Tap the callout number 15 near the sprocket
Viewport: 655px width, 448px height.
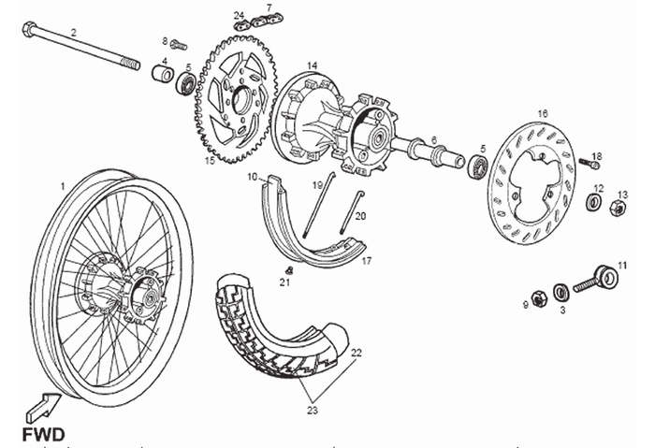click(x=210, y=161)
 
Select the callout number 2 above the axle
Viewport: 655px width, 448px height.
click(x=74, y=32)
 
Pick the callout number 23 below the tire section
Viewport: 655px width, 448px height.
click(x=312, y=408)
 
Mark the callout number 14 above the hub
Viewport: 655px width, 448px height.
click(x=312, y=65)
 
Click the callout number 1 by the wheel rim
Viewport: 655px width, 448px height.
click(x=62, y=186)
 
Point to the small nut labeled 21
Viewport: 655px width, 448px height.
click(x=288, y=269)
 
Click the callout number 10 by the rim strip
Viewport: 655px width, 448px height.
click(x=252, y=175)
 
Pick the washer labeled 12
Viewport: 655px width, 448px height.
click(x=594, y=202)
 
